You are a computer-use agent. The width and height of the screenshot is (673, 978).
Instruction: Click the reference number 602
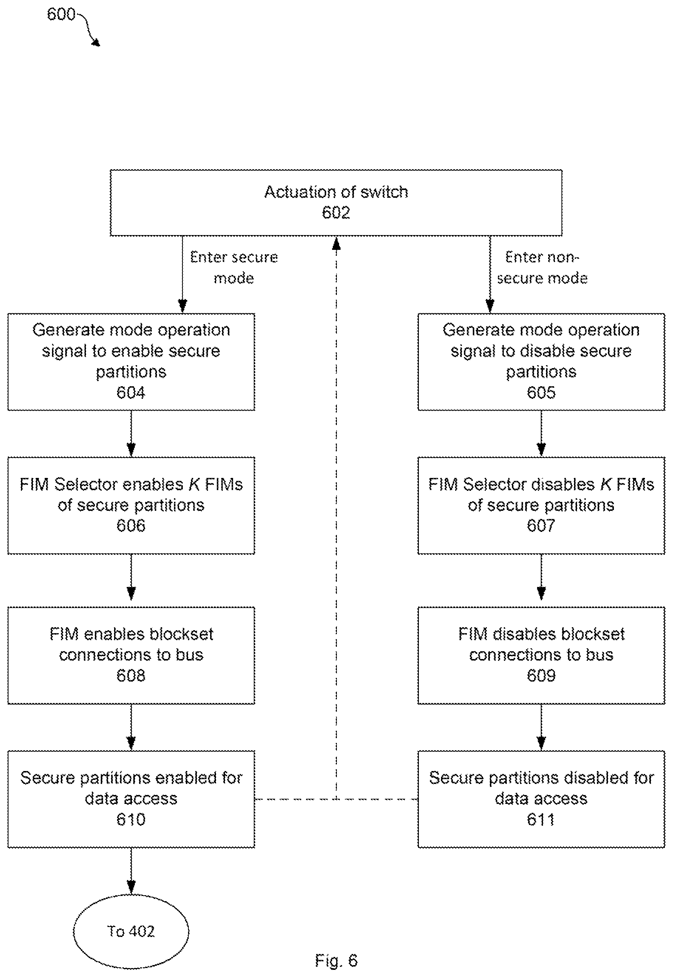coord(336,212)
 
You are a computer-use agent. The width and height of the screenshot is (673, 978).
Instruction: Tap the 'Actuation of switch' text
coord(336,192)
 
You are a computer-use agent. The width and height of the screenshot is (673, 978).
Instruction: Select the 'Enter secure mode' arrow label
coord(234,268)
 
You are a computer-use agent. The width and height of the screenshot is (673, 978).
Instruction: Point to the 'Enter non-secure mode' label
coord(542,268)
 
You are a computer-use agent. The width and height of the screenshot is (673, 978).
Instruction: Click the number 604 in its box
coord(131,393)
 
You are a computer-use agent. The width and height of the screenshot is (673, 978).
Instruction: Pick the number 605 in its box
coord(541,393)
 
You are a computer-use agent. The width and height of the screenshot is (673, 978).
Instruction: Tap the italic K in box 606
coord(194,484)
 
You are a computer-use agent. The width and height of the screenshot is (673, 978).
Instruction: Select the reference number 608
coord(131,676)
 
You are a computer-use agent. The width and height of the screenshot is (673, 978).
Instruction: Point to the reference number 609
coord(541,676)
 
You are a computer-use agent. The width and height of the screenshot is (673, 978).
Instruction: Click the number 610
coord(131,819)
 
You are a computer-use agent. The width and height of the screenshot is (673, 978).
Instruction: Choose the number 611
coord(541,819)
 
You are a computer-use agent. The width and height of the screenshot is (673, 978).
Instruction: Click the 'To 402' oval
coord(131,931)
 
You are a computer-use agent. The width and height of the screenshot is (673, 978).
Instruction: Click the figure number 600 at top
coord(61,14)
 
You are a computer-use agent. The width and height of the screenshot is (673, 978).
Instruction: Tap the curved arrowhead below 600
coord(96,42)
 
